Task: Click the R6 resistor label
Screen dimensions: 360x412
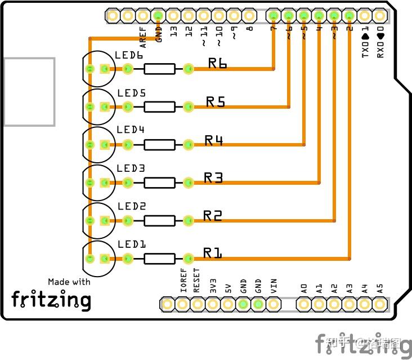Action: [217, 64]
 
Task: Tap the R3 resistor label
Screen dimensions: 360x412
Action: [213, 178]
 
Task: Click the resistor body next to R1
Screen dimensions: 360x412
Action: [159, 259]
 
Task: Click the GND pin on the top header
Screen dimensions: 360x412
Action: [158, 16]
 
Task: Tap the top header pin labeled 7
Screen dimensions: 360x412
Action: [274, 16]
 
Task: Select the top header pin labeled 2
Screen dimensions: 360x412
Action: [350, 16]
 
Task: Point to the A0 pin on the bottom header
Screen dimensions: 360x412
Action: [304, 305]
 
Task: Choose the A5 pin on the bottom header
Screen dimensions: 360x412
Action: [380, 305]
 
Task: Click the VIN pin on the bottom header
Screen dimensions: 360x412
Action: [274, 305]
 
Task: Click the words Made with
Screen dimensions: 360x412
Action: [69, 282]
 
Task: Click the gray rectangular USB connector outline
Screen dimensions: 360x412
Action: [29, 91]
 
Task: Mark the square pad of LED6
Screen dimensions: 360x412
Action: [104, 69]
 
